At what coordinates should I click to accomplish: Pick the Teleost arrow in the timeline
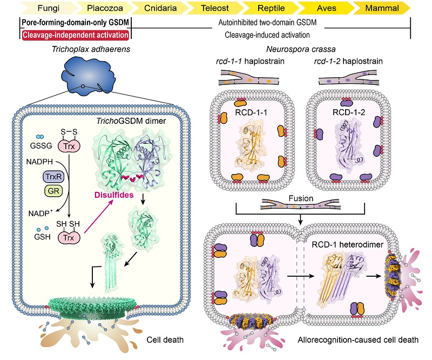pos(211,9)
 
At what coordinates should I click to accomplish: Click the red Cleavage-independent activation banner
pos(75,35)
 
